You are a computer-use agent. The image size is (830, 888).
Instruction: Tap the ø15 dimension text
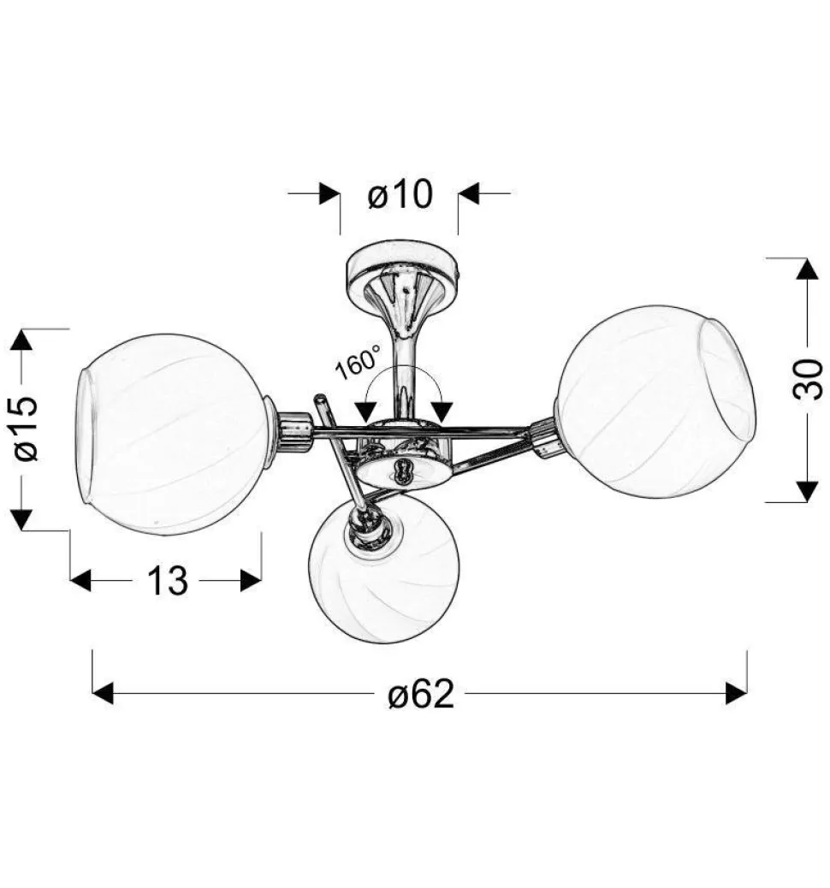(x=26, y=428)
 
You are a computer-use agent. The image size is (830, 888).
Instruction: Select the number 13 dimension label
(x=167, y=581)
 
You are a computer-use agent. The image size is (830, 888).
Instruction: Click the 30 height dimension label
(x=808, y=380)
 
